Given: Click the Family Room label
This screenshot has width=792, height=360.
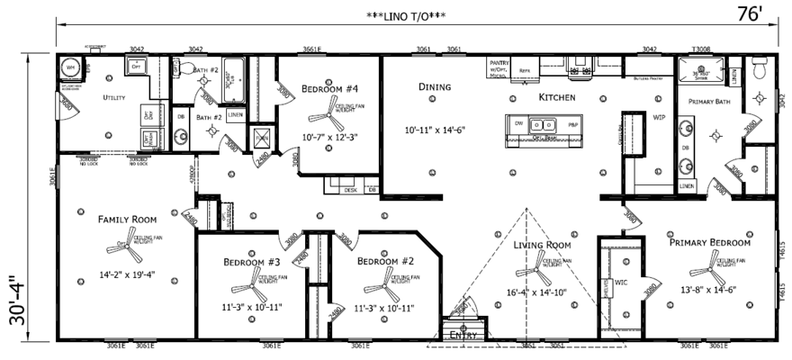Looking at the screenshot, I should [x=127, y=219].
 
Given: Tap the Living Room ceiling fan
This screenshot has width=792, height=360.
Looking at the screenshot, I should [x=529, y=266].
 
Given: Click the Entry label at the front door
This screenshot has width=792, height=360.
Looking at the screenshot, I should [x=463, y=333].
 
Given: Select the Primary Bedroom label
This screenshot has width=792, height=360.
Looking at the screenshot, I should [x=709, y=242].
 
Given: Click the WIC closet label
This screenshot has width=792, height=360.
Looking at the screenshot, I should [x=620, y=282].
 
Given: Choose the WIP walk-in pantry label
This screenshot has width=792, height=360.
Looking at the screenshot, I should [x=658, y=117].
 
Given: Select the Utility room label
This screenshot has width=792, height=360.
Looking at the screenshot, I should [x=113, y=97].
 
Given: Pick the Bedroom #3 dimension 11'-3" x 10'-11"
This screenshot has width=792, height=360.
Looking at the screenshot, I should [x=252, y=307].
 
